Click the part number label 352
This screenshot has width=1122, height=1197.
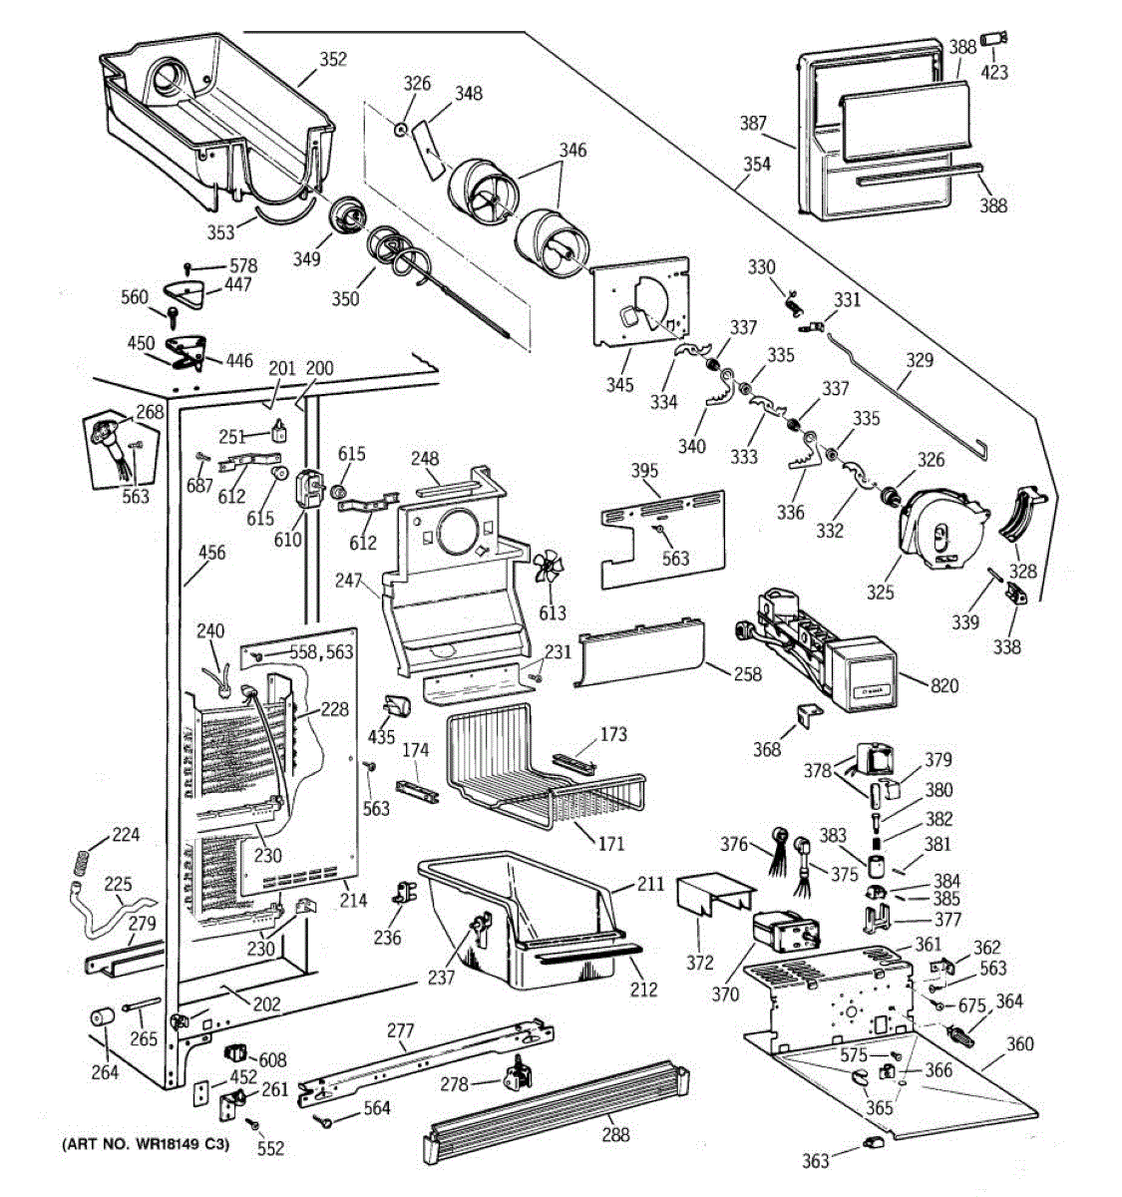click(x=333, y=60)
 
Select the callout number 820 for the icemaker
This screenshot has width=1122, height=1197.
click(x=944, y=685)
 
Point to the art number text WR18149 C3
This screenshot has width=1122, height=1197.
click(x=146, y=1144)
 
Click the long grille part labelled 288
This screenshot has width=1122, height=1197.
click(x=559, y=1107)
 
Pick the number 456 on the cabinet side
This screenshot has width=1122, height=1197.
click(x=211, y=553)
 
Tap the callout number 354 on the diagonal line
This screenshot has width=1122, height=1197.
click(x=757, y=164)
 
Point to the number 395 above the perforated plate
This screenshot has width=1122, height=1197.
click(x=645, y=470)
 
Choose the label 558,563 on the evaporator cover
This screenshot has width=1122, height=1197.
click(x=321, y=652)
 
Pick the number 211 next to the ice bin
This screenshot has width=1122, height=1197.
click(x=650, y=883)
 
